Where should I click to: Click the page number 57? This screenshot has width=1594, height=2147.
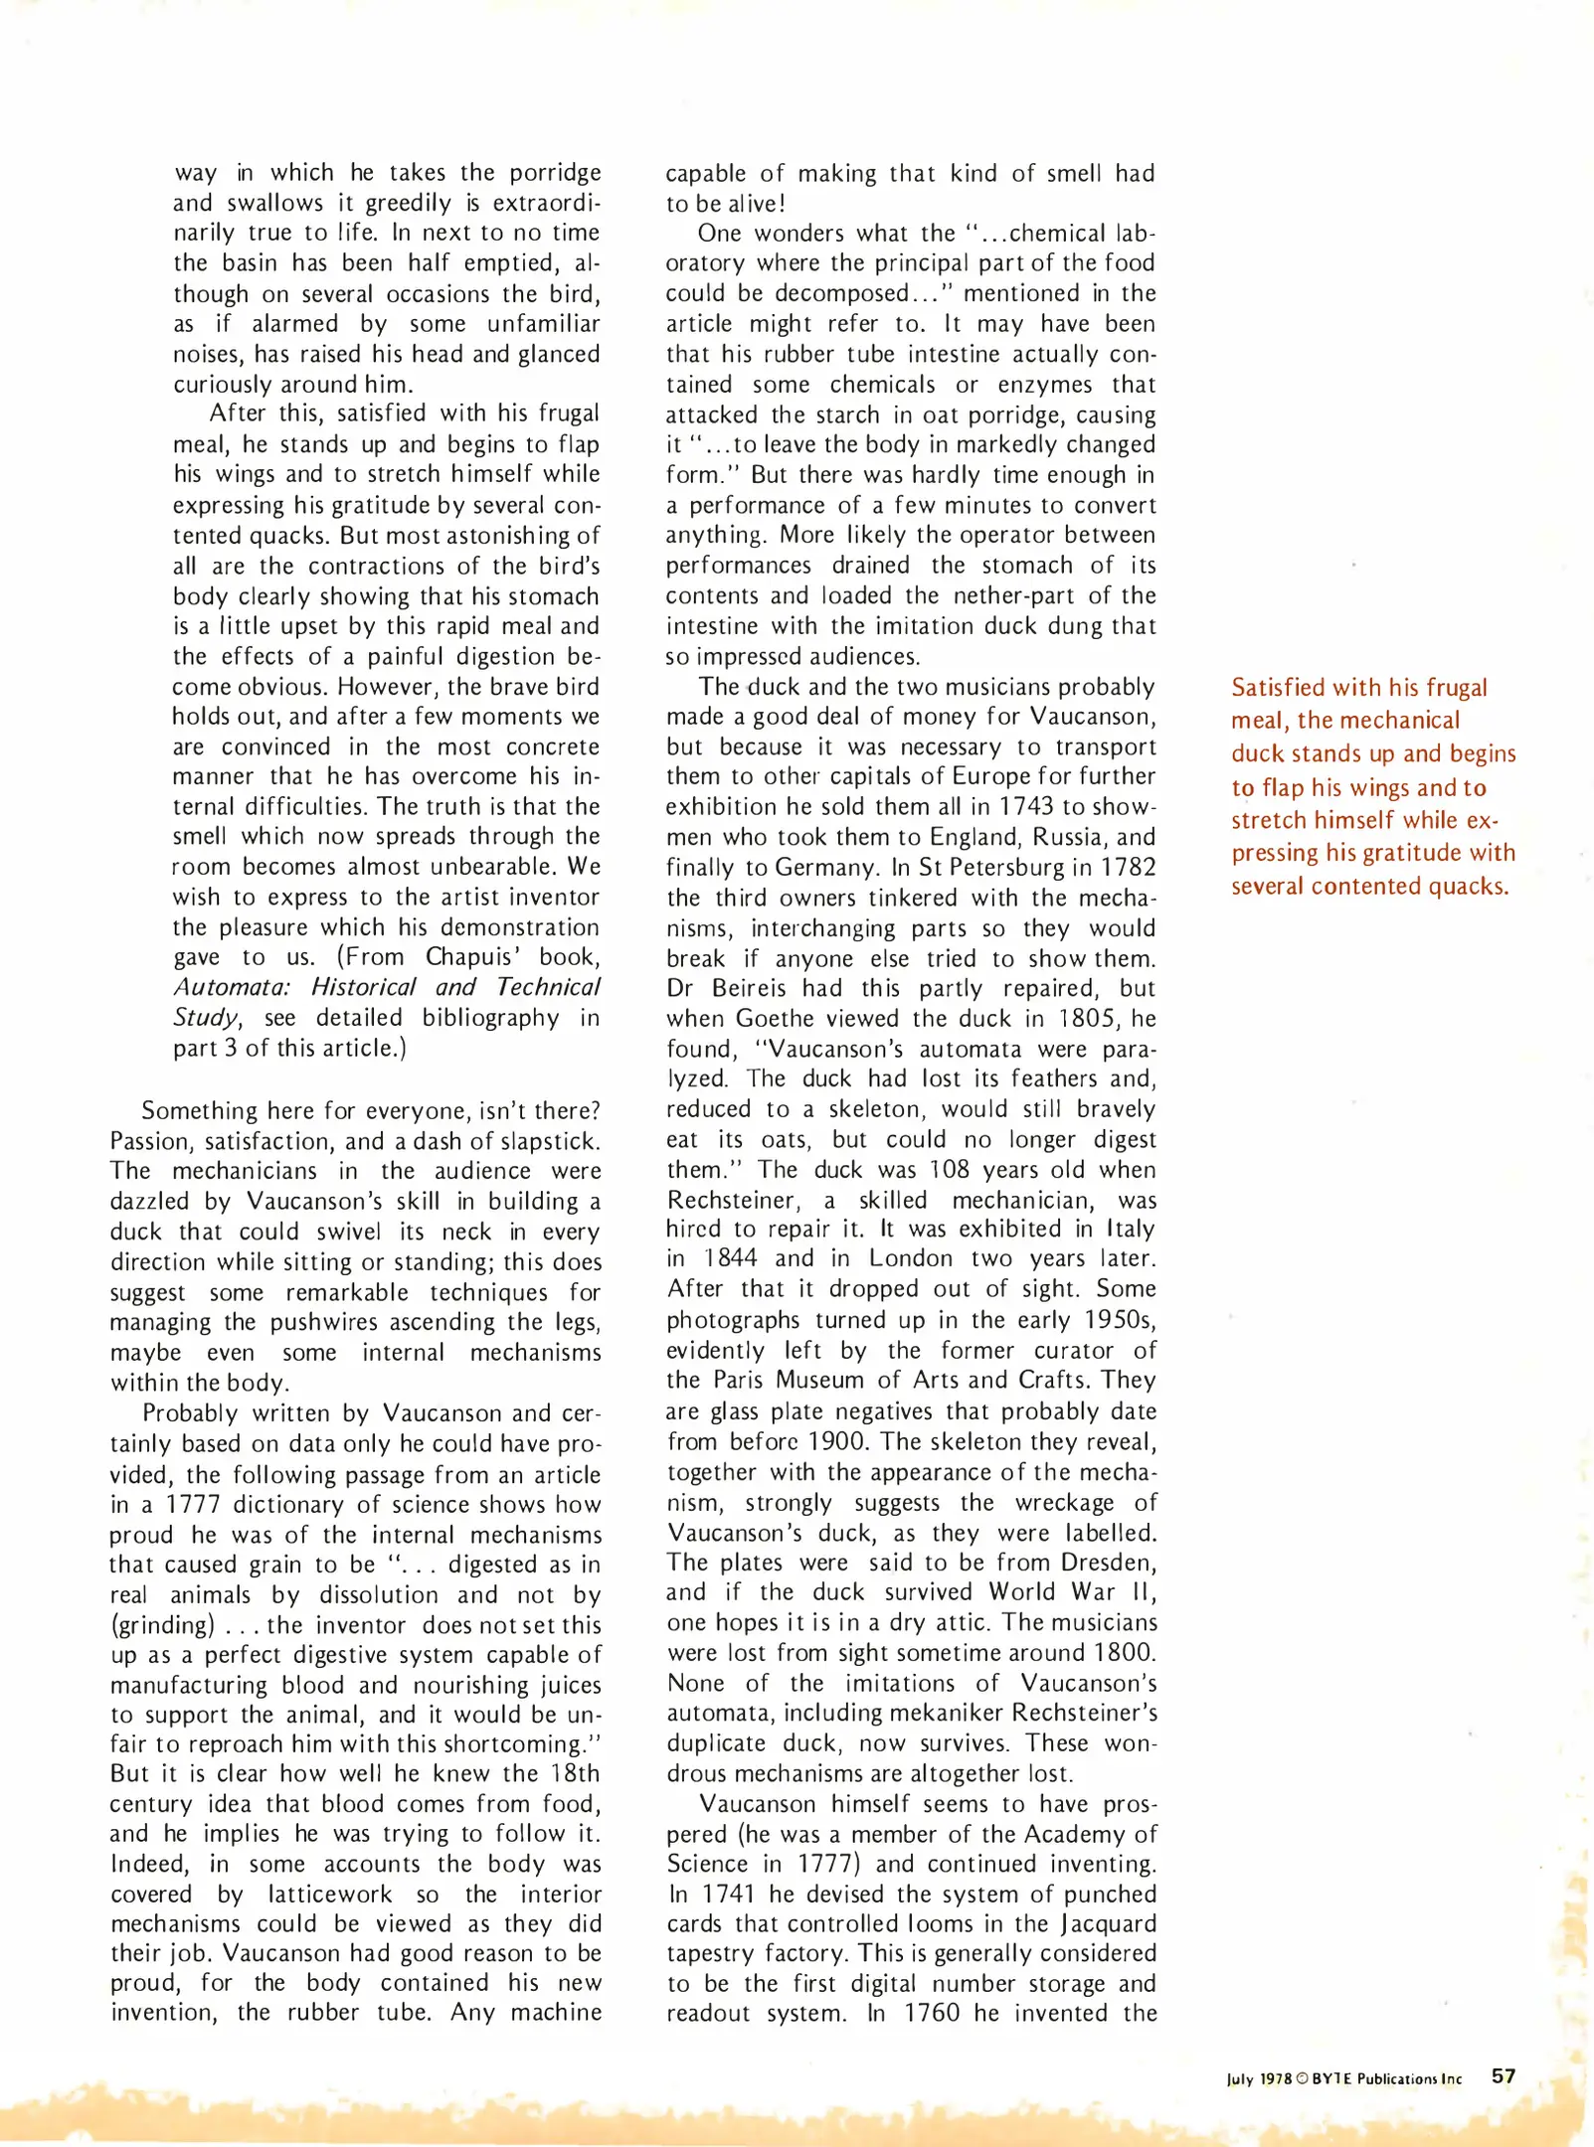(1504, 2076)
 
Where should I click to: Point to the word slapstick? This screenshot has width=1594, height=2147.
(552, 1141)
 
